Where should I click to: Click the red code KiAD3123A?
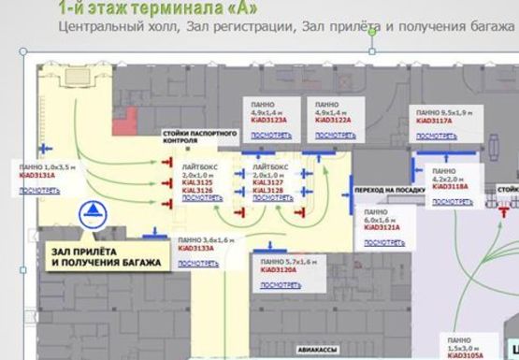[x=267, y=121]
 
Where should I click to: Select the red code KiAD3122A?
[x=333, y=121]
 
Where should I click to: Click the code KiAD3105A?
[x=464, y=355]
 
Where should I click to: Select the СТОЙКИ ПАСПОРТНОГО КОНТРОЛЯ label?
[x=193, y=138]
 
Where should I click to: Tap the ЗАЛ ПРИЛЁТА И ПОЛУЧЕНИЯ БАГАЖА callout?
[x=105, y=256]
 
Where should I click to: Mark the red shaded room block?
[x=124, y=119]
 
